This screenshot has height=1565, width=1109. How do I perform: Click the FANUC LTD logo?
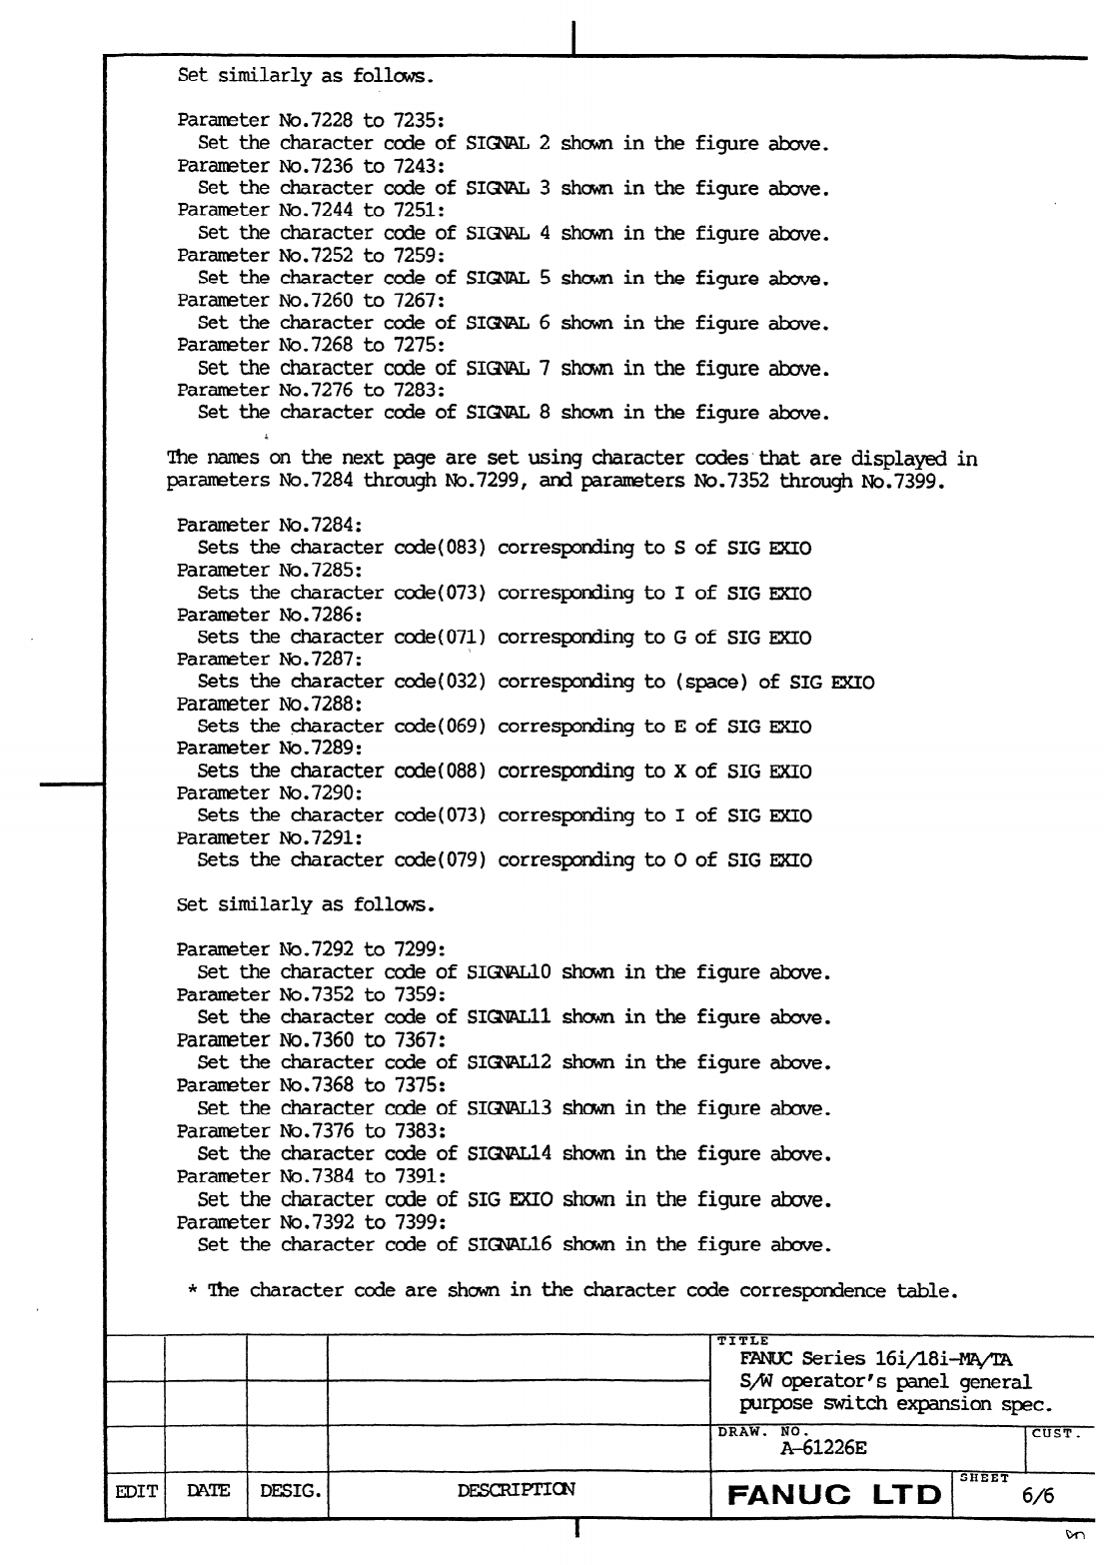[x=834, y=1496]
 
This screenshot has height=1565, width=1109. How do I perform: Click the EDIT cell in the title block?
[x=136, y=1491]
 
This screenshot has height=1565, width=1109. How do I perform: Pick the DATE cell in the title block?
[x=207, y=1491]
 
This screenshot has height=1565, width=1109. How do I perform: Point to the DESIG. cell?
[x=289, y=1491]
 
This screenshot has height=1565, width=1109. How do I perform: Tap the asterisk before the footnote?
[x=192, y=1291]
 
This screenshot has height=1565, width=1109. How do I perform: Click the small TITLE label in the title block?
[x=742, y=1340]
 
